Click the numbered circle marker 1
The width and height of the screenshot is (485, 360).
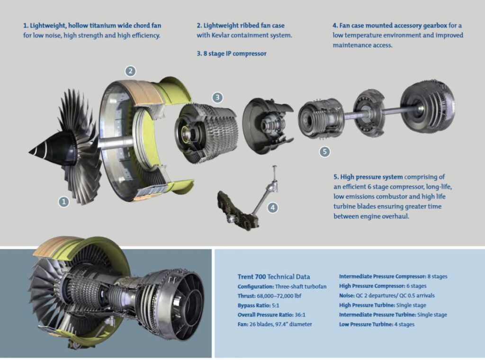pos(64,202)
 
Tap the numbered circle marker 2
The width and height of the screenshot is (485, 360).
pos(130,72)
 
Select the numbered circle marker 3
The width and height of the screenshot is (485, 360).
pos(217,98)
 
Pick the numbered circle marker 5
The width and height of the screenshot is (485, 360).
pos(324,152)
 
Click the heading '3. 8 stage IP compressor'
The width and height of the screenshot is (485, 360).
pos(232,54)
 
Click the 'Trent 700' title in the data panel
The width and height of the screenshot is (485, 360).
pos(251,277)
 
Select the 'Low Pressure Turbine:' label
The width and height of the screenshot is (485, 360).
pos(366,324)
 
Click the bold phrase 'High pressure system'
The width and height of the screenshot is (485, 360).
pos(368,177)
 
